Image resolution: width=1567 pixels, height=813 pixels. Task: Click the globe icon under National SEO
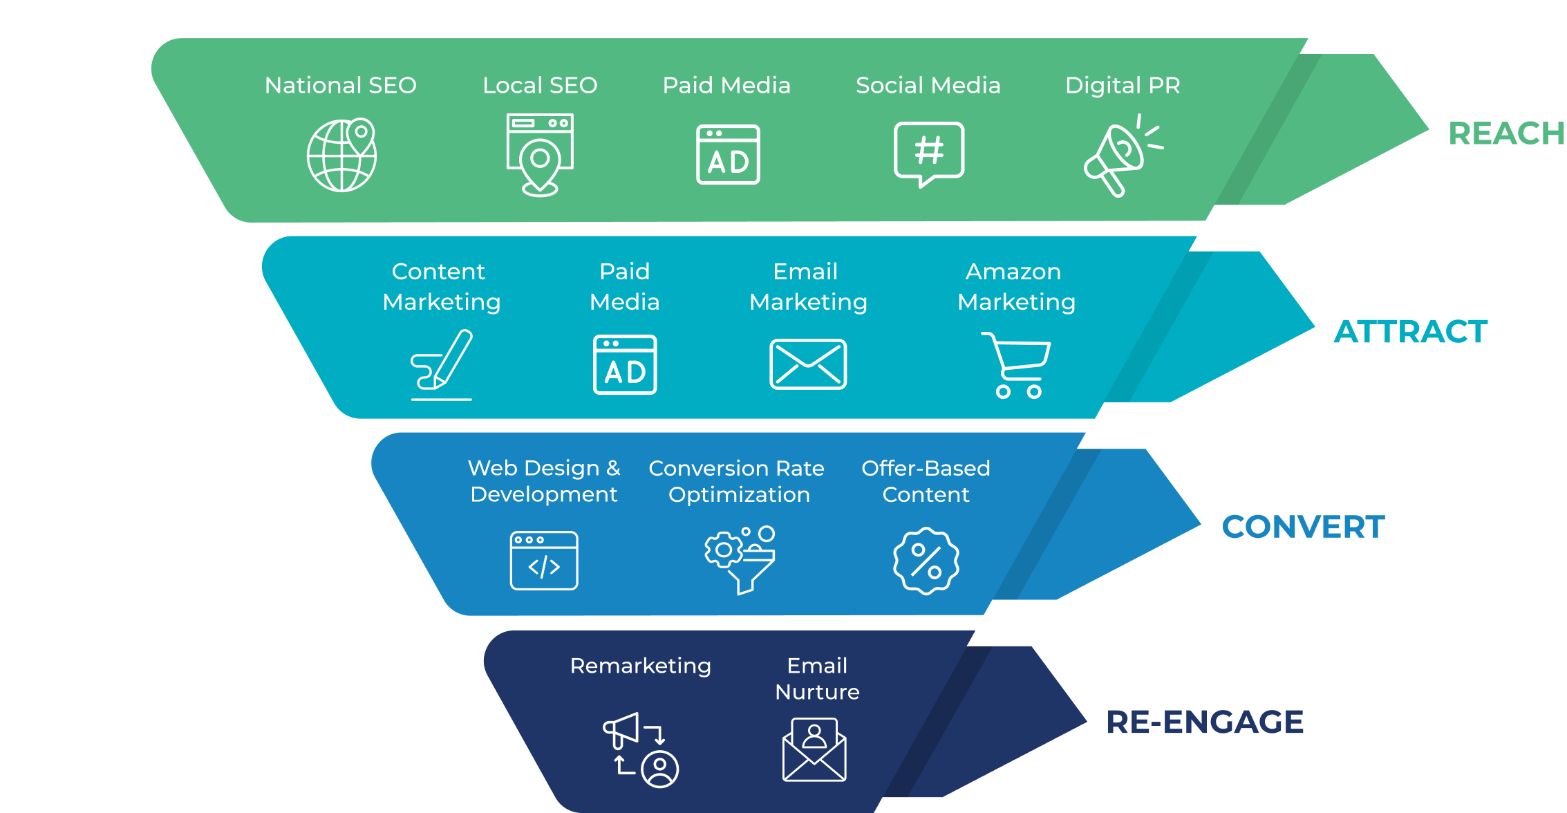pos(341,155)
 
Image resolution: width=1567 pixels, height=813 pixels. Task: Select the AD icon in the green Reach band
pos(728,155)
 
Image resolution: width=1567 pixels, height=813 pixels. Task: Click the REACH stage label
pos(1506,133)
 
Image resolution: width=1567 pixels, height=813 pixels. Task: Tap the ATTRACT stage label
pos(1410,332)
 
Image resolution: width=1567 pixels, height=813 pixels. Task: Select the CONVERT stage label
pos(1303,527)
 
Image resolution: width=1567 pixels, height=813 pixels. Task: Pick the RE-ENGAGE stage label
pos(1205,722)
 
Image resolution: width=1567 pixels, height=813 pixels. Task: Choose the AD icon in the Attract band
pos(625,364)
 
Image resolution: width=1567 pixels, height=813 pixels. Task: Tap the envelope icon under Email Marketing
pos(808,364)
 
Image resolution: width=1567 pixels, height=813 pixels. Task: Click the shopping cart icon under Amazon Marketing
pos(1017,365)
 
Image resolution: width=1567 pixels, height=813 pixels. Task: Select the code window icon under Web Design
pos(544,561)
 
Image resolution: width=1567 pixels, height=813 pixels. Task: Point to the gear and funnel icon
pos(740,559)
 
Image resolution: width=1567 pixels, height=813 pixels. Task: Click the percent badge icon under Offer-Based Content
pos(926,561)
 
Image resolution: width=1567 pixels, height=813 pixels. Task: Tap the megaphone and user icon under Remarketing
pos(641,750)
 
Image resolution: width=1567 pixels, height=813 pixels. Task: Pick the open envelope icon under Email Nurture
pos(814,749)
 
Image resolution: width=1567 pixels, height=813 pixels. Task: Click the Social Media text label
pos(928,85)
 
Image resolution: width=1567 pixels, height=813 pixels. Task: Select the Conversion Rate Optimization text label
pos(737,481)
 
